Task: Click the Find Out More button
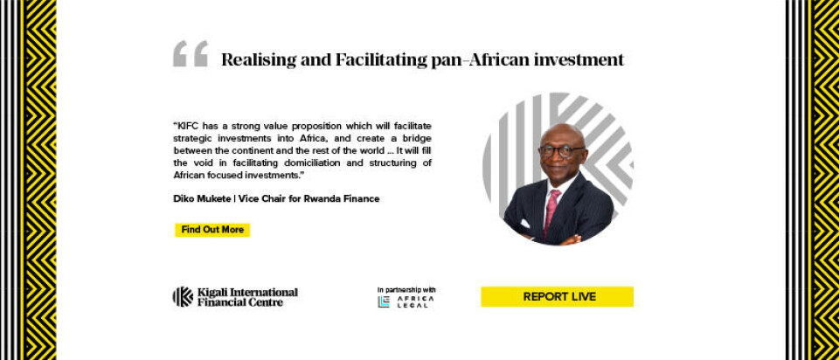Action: [x=212, y=230]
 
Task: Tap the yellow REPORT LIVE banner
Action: [x=557, y=297]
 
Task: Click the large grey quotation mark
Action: [x=191, y=53]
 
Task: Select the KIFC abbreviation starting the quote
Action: [x=185, y=126]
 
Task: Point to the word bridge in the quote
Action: [x=417, y=138]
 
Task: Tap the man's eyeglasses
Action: [x=561, y=150]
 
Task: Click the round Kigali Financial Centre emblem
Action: [x=183, y=296]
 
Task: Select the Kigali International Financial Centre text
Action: [x=247, y=297]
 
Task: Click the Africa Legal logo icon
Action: [x=384, y=301]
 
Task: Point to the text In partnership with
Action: [x=406, y=290]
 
